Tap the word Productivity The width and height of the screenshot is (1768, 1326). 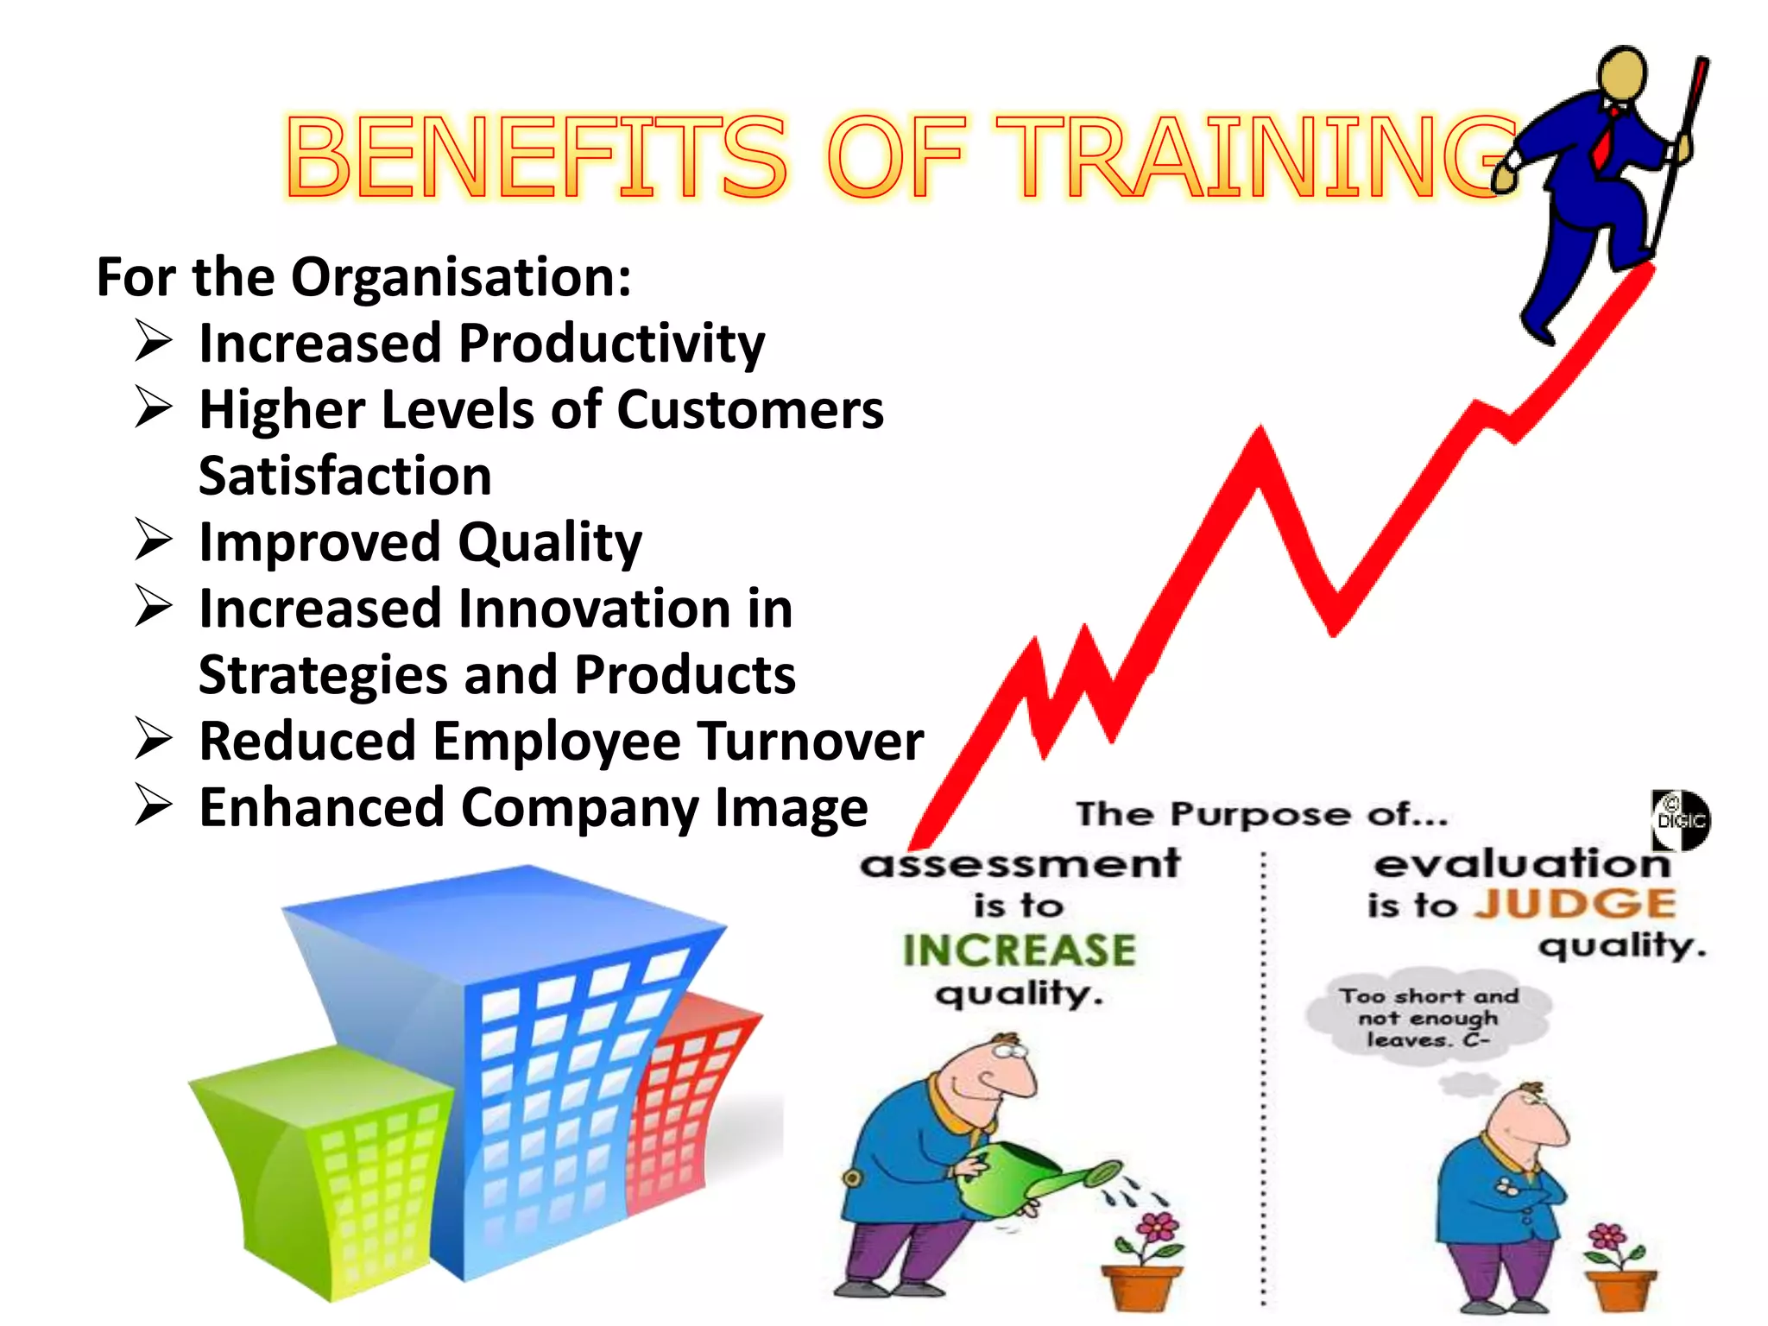(611, 344)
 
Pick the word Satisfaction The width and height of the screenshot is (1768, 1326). (345, 476)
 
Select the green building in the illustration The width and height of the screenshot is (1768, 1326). (324, 1165)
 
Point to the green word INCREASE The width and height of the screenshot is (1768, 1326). (1019, 950)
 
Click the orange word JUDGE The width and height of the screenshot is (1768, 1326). (1574, 904)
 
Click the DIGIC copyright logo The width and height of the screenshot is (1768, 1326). (1680, 819)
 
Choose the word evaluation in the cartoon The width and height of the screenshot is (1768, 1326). (1522, 863)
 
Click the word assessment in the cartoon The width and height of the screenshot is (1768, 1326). (1020, 863)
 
